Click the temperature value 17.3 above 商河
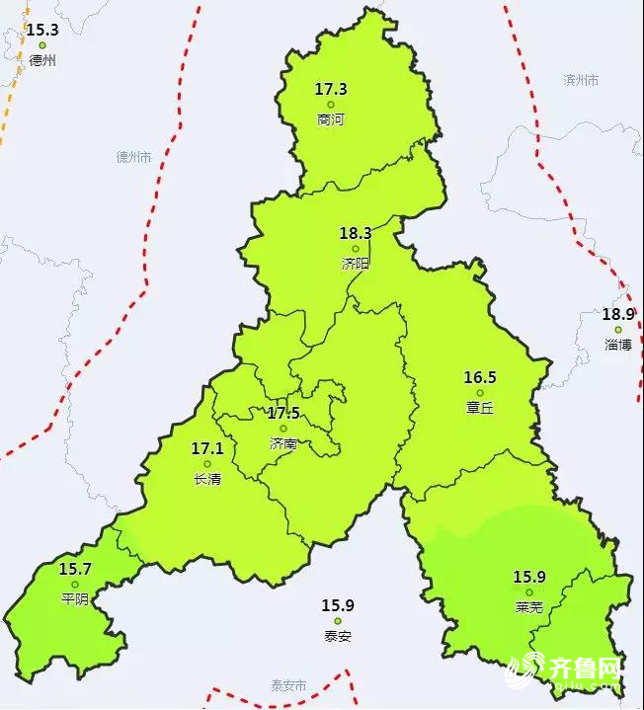click(x=331, y=89)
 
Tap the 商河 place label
click(x=331, y=119)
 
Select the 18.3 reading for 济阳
click(x=355, y=234)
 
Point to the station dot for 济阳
click(x=356, y=249)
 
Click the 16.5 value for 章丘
click(x=480, y=377)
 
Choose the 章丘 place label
click(x=480, y=407)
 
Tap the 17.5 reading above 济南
click(x=283, y=413)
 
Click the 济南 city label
click(x=283, y=443)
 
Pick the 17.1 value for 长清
click(x=206, y=448)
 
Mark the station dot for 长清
click(x=207, y=464)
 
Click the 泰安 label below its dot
click(x=337, y=636)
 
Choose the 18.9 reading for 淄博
click(x=618, y=315)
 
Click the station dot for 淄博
click(x=618, y=330)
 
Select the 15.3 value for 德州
click(x=42, y=30)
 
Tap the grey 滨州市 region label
click(x=581, y=80)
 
